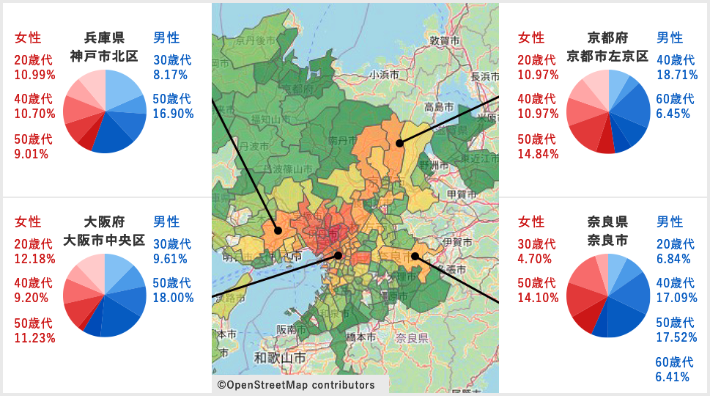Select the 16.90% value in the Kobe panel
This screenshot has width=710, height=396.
tap(173, 114)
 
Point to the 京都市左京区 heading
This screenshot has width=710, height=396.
tap(608, 56)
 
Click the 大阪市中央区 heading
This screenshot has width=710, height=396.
tap(104, 240)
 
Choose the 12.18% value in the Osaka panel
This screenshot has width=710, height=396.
tap(34, 259)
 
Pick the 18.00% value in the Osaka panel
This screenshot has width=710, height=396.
tap(173, 298)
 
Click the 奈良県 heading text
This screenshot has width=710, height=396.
tap(608, 221)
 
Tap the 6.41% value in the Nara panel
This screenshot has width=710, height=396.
tap(673, 377)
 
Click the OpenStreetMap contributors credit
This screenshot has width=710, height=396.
tap(296, 385)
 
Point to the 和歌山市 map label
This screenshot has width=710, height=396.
tap(280, 358)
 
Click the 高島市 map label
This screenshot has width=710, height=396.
tap(440, 107)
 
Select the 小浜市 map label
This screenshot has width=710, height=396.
tap(384, 74)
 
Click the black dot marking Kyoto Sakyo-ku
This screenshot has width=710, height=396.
tap(399, 143)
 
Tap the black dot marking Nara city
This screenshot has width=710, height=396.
tap(415, 256)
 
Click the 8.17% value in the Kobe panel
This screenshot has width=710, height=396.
tap(170, 75)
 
